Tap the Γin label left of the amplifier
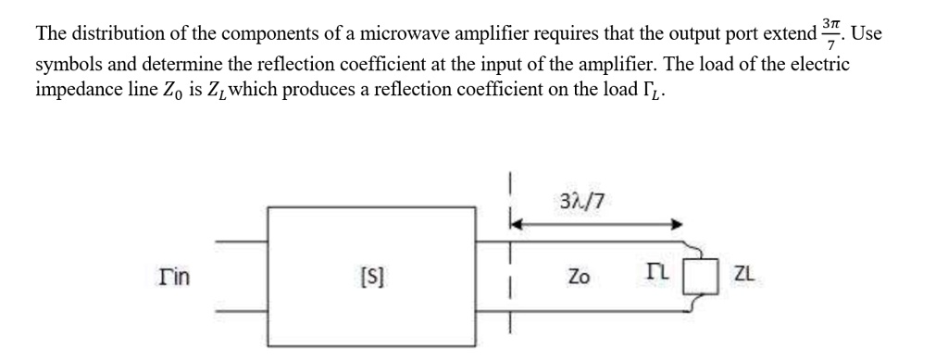(x=167, y=274)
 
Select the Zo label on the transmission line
(x=579, y=275)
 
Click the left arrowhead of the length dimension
(x=516, y=223)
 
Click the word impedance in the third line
(x=77, y=93)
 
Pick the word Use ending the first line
(x=867, y=36)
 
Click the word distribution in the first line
(x=112, y=36)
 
